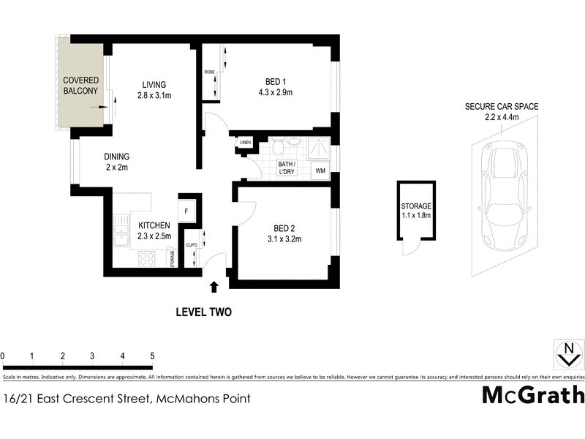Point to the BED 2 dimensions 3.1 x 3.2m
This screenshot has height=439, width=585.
(x=284, y=239)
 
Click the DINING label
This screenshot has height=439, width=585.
(x=116, y=157)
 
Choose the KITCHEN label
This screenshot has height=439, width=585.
(x=154, y=225)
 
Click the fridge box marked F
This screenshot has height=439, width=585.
(x=187, y=211)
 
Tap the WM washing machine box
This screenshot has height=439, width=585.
(x=320, y=171)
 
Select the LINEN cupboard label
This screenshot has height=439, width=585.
(x=245, y=143)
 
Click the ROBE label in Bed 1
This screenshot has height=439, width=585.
(x=209, y=72)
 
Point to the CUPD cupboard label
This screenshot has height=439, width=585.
(x=192, y=245)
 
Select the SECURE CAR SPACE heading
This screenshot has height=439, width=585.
(x=502, y=107)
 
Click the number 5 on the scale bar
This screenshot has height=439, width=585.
(x=152, y=356)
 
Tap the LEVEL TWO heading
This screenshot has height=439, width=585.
(x=204, y=312)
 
